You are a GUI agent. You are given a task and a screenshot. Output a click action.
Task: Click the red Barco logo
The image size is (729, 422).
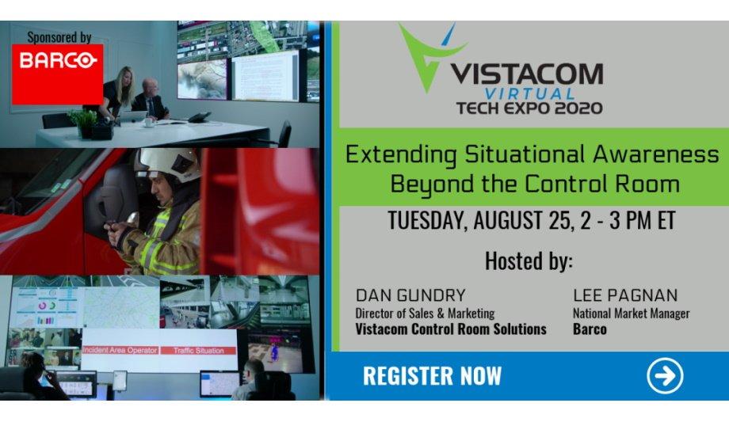click(x=58, y=74)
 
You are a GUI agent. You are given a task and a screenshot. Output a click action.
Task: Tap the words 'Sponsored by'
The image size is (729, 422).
click(x=59, y=37)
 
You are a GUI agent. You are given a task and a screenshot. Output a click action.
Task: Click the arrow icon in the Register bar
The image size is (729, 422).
click(x=665, y=375)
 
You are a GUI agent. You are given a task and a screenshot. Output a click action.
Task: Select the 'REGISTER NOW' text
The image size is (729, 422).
click(x=432, y=375)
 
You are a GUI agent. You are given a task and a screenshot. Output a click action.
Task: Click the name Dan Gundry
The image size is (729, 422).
click(x=410, y=295)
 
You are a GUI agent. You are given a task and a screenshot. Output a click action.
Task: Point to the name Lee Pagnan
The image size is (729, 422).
click(x=625, y=295)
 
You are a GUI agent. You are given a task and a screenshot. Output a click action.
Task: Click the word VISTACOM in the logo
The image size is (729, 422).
click(x=527, y=74)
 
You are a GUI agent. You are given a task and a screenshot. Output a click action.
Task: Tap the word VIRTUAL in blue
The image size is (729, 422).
click(x=529, y=93)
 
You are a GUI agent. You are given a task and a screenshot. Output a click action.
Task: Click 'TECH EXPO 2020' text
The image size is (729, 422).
click(x=529, y=108)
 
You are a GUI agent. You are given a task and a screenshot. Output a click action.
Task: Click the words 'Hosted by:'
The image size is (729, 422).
click(x=529, y=260)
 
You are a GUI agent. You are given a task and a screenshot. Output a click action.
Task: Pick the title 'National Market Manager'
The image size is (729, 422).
click(x=631, y=314)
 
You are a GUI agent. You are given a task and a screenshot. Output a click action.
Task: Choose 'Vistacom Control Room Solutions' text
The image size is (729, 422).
click(x=451, y=329)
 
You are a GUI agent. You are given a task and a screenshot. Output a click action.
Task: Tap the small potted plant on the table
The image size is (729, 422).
click(x=82, y=122)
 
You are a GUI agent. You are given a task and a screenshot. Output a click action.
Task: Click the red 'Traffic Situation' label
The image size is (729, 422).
click(x=199, y=351)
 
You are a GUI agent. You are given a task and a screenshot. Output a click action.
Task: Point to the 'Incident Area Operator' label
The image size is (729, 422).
click(x=120, y=351)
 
